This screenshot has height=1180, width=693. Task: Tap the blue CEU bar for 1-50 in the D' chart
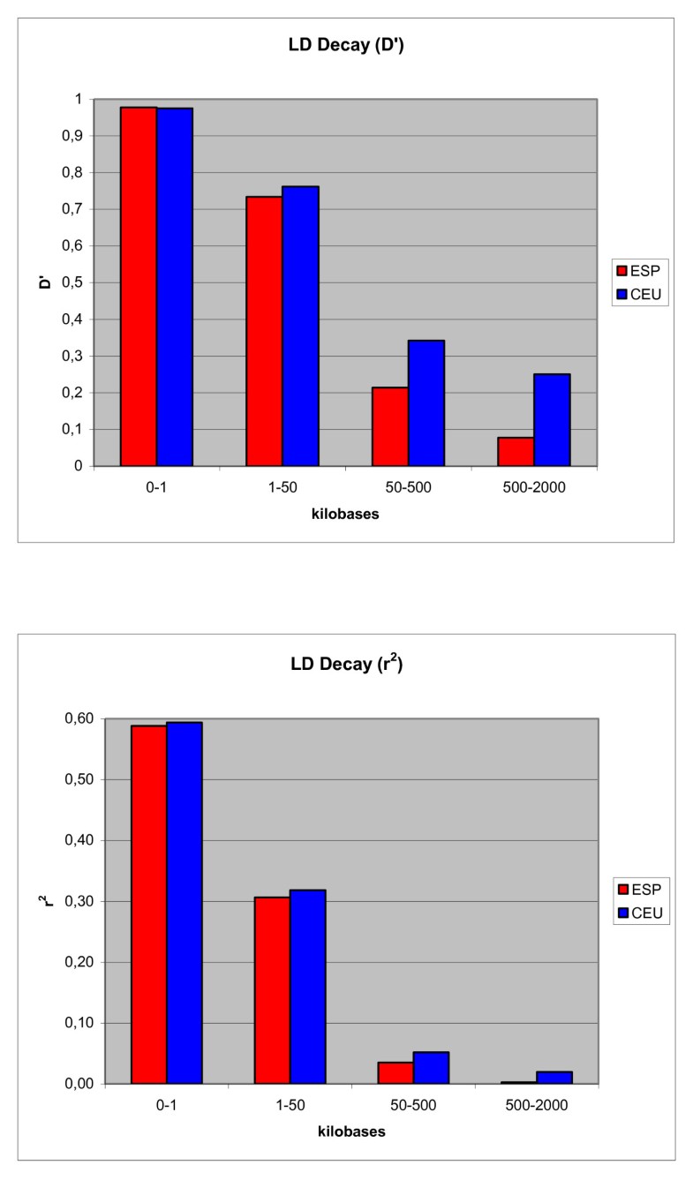tap(300, 326)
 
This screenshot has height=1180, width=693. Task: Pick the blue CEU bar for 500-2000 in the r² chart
tap(554, 1078)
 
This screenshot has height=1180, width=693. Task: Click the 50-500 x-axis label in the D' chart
tap(408, 485)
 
